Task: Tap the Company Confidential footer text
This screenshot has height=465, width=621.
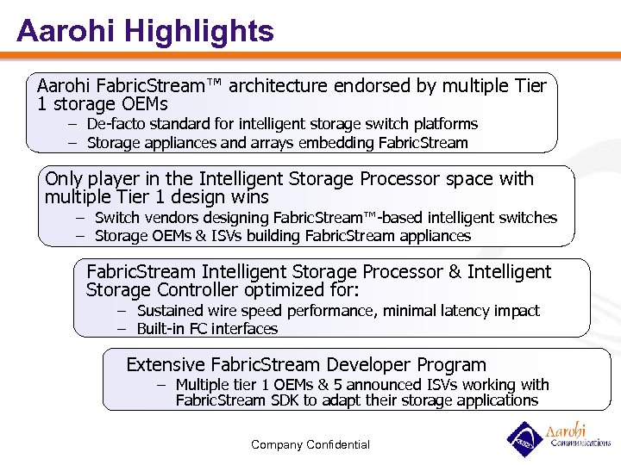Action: [x=310, y=444]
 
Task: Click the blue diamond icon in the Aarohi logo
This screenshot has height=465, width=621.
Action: [x=523, y=439]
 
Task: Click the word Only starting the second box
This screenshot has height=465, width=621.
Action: [x=63, y=179]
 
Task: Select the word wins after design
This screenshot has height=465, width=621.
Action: [x=248, y=197]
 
